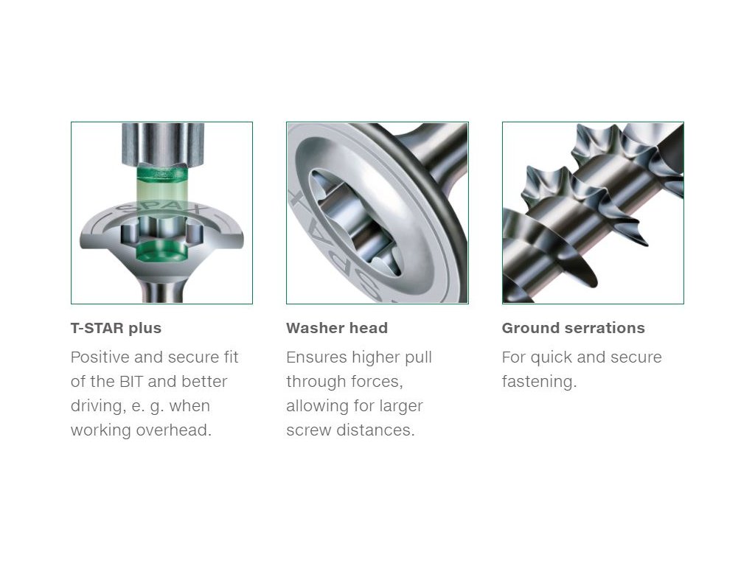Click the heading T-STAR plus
pos(116,328)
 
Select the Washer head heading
pos(337,328)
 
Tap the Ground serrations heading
pos(574,328)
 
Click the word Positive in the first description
pos(100,357)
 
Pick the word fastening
pos(539,382)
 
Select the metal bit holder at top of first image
pos(161,144)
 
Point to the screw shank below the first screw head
pos(161,292)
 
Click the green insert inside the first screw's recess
pos(161,251)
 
